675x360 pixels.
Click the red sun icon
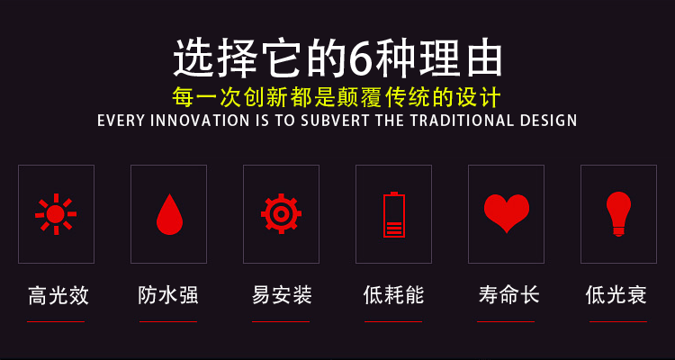coord(56,214)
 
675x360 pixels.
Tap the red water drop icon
coord(169,214)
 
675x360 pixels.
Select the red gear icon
coord(281,213)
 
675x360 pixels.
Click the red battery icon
coord(394,214)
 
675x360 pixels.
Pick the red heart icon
coord(507,213)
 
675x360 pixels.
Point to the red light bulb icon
coord(618,214)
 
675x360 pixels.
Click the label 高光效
coord(58,295)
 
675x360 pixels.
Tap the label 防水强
coord(168,295)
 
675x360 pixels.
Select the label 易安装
coord(282,295)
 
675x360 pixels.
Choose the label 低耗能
coord(394,295)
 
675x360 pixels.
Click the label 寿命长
coord(508,295)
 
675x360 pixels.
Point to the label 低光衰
coord(616,295)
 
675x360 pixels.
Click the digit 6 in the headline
coord(360,58)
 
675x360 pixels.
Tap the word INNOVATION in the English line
coord(199,121)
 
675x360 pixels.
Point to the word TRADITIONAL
coord(462,121)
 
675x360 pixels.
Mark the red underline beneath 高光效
coord(56,321)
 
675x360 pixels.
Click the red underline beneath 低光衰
coord(618,321)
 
